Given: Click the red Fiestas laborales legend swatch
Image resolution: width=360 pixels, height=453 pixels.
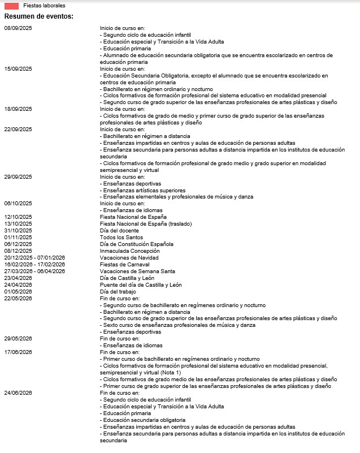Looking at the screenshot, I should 11,5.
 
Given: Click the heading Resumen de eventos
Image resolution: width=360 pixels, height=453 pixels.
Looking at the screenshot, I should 39,16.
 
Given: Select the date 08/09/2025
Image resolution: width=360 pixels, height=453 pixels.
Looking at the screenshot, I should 18,27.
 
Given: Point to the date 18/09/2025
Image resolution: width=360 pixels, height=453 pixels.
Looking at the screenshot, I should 18,109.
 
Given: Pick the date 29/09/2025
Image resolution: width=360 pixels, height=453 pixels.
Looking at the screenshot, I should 18,176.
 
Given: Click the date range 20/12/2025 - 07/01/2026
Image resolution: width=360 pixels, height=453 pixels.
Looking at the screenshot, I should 34,258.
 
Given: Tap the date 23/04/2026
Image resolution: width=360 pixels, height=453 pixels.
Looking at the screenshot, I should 18,278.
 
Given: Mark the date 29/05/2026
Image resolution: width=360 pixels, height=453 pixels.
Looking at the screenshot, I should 18,339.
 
